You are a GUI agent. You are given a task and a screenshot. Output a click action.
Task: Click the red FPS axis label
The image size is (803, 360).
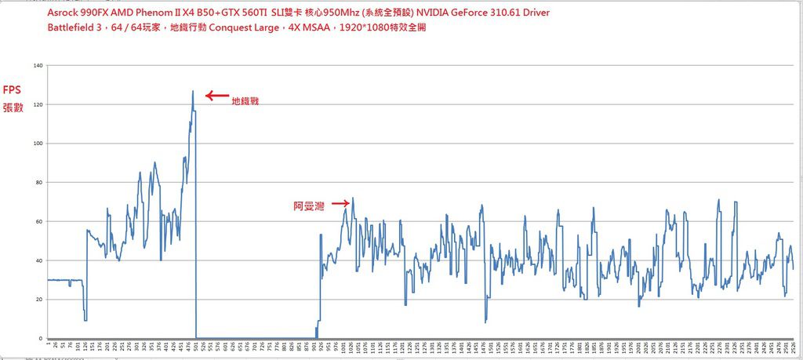13,90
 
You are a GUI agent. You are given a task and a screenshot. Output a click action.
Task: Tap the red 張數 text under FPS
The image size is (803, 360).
13,107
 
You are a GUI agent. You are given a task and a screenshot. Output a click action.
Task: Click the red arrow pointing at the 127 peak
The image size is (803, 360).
216,96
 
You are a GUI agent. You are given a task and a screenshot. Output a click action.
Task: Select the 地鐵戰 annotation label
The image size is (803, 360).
245,101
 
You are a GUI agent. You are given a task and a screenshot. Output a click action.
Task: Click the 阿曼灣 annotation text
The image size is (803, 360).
307,207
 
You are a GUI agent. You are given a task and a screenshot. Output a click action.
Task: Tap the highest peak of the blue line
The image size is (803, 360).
192,91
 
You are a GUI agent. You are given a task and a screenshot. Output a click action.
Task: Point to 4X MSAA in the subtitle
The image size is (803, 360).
317,27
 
